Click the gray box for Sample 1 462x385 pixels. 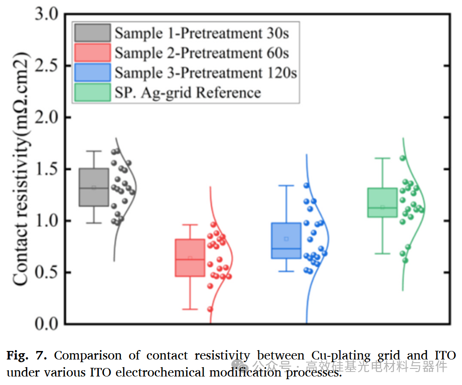click(x=94, y=187)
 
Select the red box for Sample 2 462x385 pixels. click(x=190, y=258)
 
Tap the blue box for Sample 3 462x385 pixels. click(x=286, y=241)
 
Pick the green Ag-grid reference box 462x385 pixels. click(x=382, y=202)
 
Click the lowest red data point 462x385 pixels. click(x=210, y=309)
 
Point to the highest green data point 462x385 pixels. click(x=403, y=158)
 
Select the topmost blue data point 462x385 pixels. click(x=306, y=185)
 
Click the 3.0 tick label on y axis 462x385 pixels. click(x=47, y=14)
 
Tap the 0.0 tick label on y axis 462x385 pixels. click(x=47, y=324)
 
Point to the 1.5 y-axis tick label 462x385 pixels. click(x=47, y=169)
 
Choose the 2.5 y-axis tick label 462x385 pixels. click(x=47, y=66)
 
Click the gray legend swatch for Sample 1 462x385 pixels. click(x=93, y=33)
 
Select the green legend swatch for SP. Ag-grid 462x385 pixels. click(x=93, y=93)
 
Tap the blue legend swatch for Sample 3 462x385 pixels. click(x=93, y=73)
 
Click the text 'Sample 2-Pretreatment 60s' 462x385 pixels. click(x=202, y=53)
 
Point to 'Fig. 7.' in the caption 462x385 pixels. click(x=26, y=355)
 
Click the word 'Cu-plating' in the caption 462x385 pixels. click(x=341, y=356)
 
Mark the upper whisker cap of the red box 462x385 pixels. click(x=190, y=225)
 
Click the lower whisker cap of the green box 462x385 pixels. click(x=382, y=254)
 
